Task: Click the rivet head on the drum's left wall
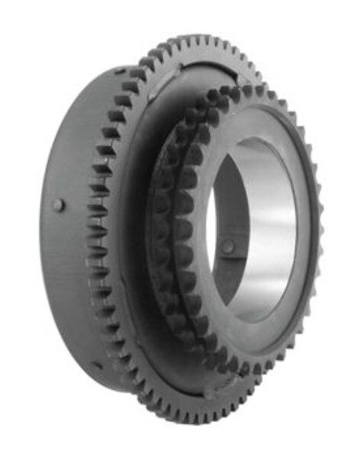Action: [x=59, y=205]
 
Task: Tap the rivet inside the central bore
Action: [x=228, y=246]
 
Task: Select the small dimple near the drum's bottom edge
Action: [x=98, y=365]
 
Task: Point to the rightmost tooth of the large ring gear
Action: [x=318, y=229]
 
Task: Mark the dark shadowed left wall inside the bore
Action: [x=221, y=221]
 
